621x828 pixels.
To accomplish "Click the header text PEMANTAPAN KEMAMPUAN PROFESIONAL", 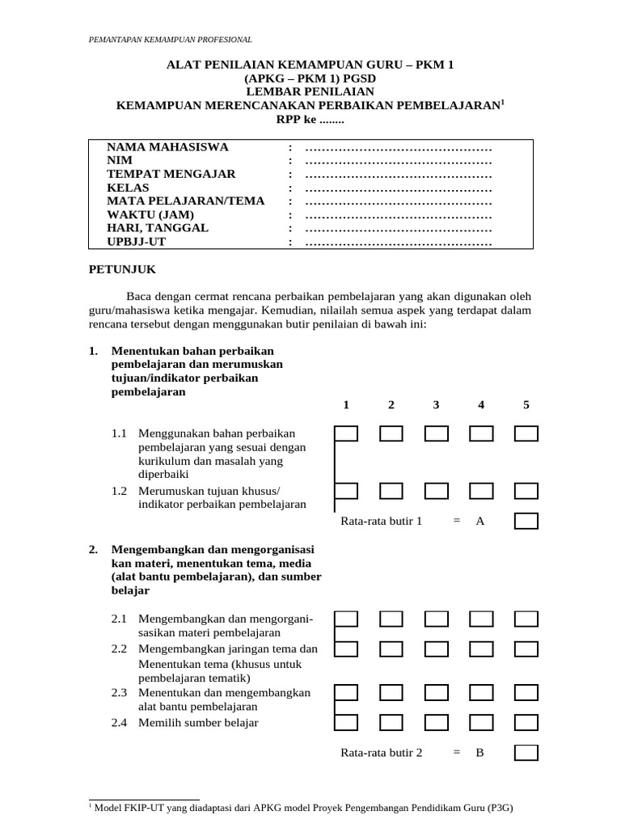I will tap(170, 39).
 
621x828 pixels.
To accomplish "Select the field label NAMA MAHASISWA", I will tap(168, 146).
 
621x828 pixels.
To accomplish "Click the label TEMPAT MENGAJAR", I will tap(171, 174).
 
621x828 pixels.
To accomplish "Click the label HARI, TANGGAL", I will tap(158, 228).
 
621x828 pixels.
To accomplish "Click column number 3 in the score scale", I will tap(436, 405).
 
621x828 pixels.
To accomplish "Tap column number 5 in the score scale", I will tap(526, 405).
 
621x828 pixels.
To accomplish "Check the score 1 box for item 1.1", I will tap(346, 434).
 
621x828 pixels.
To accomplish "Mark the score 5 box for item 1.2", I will tap(526, 491).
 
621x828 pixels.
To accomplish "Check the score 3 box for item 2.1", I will tap(436, 619).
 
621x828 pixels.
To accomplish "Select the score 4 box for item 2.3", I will tap(481, 692).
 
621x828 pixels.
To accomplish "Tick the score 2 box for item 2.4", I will tap(391, 721).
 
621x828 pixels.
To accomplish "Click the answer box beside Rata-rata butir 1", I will tap(526, 521).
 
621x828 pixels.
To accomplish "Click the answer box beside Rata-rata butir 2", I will tap(526, 752).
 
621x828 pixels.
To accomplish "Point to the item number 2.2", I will tap(120, 648).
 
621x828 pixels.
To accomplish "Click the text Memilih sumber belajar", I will tap(198, 722).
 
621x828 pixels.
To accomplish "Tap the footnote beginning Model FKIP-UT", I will tap(303, 808).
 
